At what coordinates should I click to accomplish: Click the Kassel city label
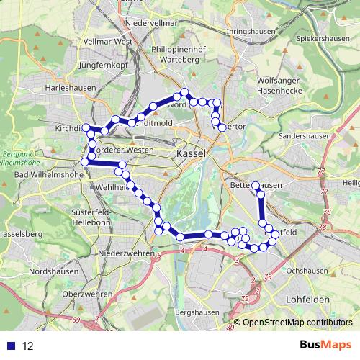(191, 155)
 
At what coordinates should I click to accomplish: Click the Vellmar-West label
(109, 42)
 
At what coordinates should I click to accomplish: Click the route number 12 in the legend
(28, 346)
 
